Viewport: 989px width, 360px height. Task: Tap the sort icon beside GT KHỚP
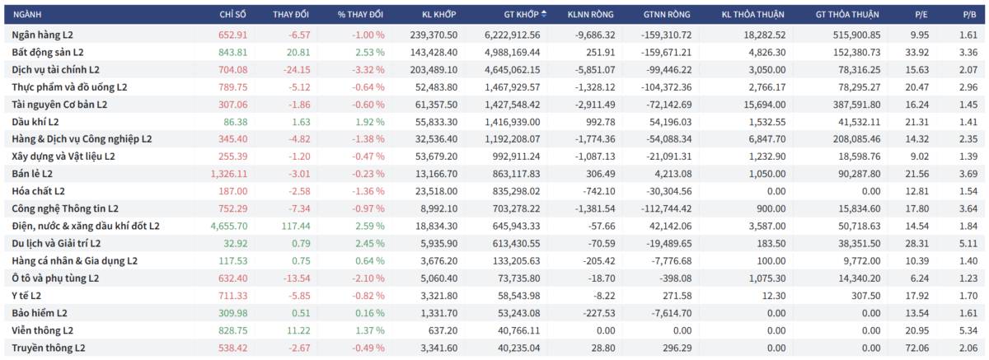(x=544, y=14)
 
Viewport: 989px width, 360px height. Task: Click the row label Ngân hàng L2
(x=43, y=35)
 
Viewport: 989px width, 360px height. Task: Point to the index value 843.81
(x=232, y=52)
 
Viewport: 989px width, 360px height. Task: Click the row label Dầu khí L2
(x=35, y=121)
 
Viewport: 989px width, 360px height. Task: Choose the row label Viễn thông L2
(x=43, y=330)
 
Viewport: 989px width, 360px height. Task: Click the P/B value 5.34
(x=968, y=330)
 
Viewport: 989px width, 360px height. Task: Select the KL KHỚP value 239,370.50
(x=434, y=35)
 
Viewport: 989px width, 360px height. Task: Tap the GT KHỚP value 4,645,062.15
(x=509, y=69)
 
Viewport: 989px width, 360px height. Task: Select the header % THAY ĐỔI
(x=360, y=14)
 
